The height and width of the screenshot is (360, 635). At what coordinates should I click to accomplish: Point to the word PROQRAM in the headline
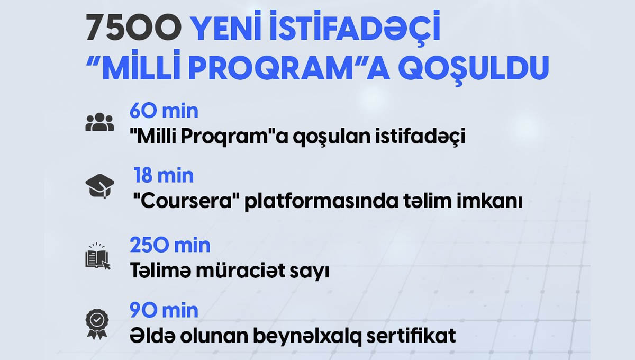(271, 68)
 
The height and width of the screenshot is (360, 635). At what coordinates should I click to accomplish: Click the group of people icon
(99, 122)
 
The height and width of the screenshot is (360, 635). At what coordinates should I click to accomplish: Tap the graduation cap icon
(100, 186)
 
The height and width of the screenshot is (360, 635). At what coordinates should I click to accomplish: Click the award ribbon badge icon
(97, 324)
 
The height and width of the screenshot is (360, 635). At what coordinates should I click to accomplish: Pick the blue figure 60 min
(164, 111)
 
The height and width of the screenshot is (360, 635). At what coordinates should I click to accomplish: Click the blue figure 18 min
(164, 175)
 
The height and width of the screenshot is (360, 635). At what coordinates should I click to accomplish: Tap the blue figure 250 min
(170, 245)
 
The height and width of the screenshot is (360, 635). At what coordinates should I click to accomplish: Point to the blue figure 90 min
(164, 310)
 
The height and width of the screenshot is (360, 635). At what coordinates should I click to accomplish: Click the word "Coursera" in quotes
(186, 201)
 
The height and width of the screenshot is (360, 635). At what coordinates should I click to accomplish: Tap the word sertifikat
(411, 336)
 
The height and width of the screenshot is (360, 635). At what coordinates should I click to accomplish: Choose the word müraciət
(241, 271)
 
